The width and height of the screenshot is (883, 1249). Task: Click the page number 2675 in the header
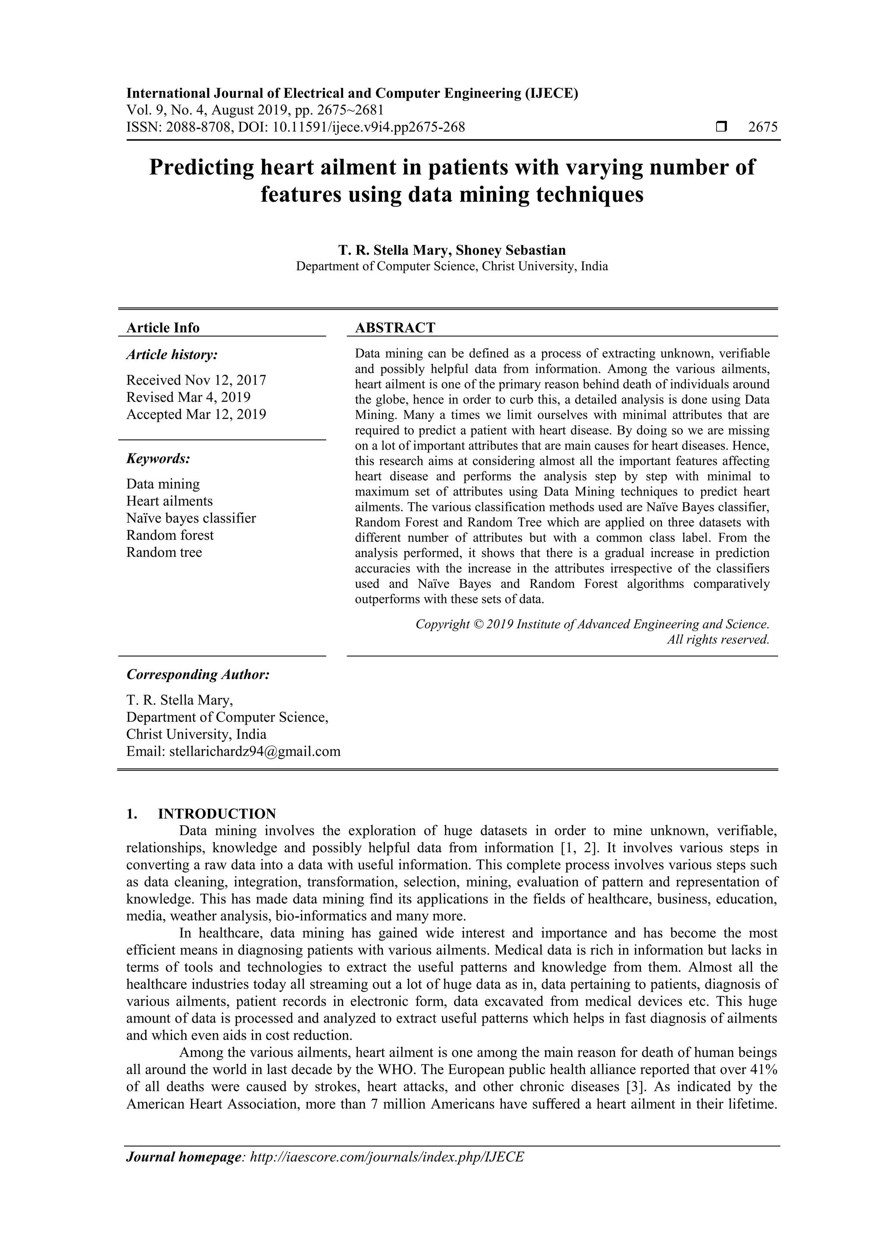click(763, 127)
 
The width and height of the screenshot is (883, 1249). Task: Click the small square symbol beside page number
click(721, 127)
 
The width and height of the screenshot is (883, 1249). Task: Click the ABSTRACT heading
click(395, 328)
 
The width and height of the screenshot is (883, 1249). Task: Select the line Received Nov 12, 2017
click(196, 380)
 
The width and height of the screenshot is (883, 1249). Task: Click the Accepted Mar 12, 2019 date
click(196, 414)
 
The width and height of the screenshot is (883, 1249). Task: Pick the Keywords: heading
click(158, 459)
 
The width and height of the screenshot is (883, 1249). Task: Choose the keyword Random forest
click(170, 535)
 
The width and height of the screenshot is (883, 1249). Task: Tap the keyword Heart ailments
click(169, 501)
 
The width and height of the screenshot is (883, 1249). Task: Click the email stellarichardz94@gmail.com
click(255, 751)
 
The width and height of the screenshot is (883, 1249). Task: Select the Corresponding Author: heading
click(198, 675)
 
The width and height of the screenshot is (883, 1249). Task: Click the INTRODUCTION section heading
click(216, 814)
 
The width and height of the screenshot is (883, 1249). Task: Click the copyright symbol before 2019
click(478, 624)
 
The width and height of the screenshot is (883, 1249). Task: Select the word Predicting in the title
click(202, 167)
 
